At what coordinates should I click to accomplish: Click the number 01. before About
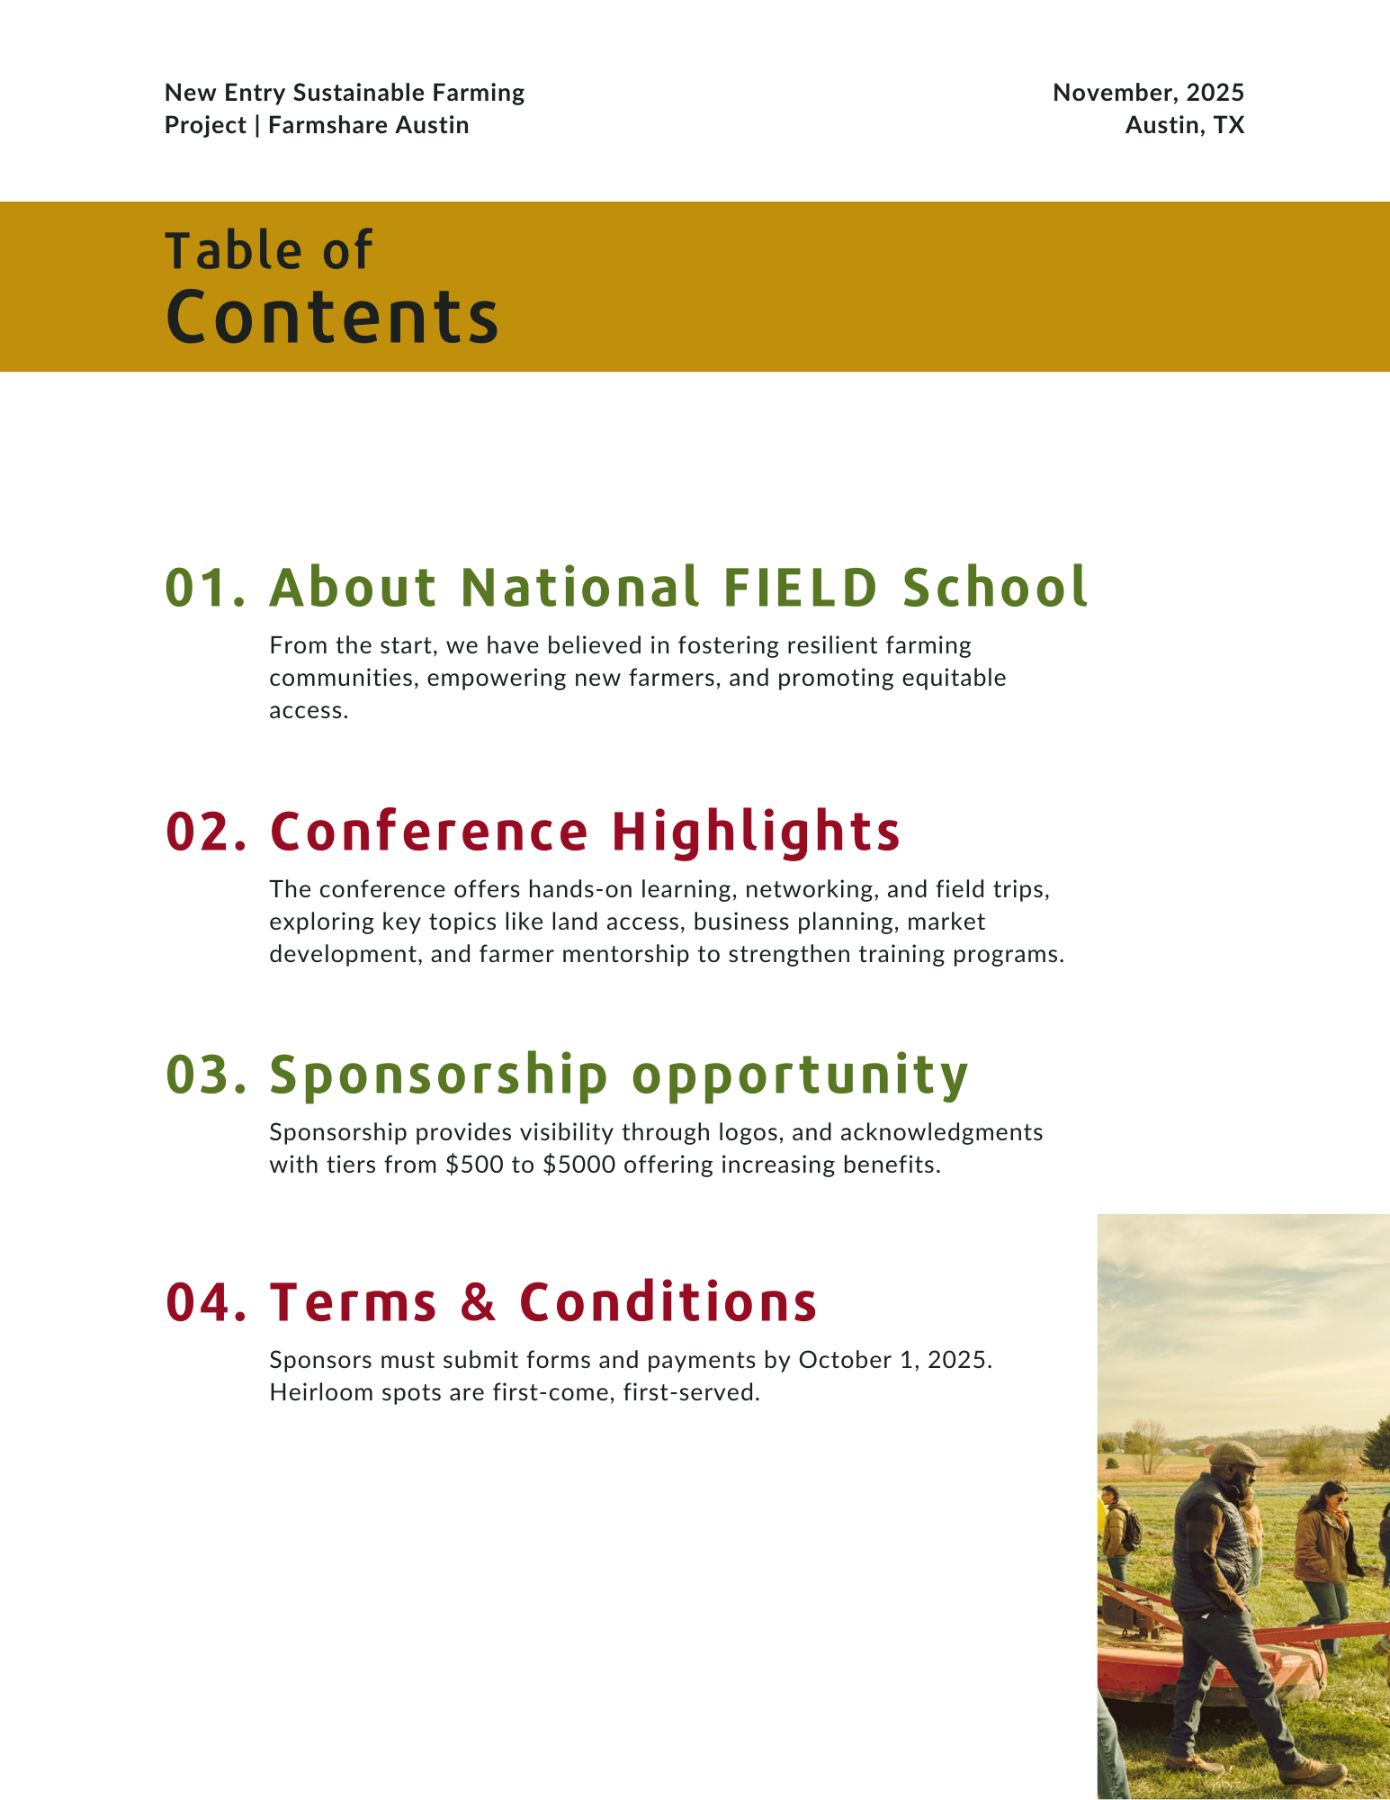[206, 588]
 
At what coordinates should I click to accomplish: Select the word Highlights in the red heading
[756, 832]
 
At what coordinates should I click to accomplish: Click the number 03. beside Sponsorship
[206, 1075]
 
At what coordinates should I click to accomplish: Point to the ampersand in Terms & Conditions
[479, 1302]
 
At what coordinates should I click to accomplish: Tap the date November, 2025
[1149, 93]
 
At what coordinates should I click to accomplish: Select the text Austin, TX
[1185, 125]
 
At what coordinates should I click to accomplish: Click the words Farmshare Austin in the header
[369, 125]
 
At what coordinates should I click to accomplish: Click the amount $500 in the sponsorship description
[475, 1165]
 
